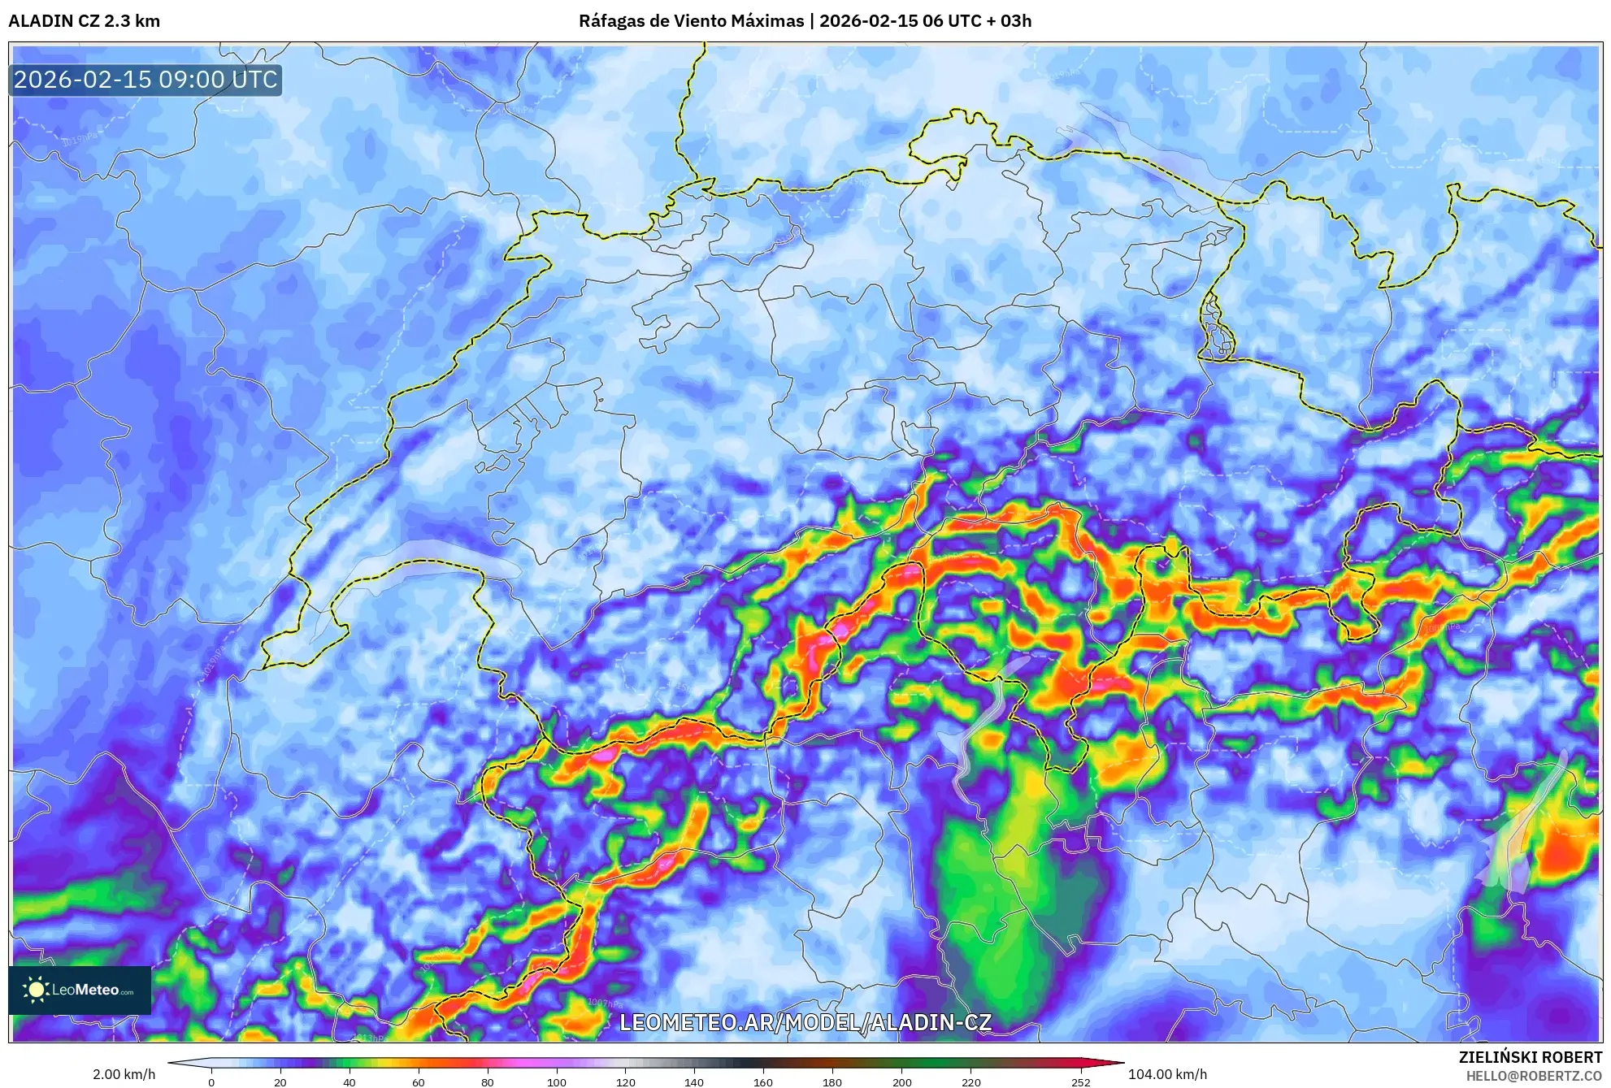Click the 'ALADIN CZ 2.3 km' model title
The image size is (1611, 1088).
click(84, 21)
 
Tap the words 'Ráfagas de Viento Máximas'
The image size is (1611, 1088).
click(691, 21)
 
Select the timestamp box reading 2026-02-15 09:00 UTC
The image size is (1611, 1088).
click(145, 80)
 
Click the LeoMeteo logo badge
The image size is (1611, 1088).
click(80, 990)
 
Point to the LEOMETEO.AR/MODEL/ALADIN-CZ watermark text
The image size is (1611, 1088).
click(805, 1022)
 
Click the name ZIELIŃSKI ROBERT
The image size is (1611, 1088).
click(1530, 1057)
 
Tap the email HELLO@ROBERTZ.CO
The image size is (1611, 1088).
click(1534, 1076)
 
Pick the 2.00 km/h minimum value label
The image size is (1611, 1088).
click(124, 1074)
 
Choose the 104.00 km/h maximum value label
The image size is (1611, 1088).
click(1167, 1074)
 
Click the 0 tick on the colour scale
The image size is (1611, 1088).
click(211, 1081)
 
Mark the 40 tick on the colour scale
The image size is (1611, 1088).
click(350, 1081)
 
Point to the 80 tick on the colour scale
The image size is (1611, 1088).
click(488, 1081)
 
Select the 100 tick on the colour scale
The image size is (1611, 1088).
click(557, 1081)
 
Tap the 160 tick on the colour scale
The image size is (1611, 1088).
click(763, 1081)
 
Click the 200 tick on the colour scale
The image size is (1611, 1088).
click(901, 1081)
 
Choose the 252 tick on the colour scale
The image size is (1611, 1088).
click(1081, 1081)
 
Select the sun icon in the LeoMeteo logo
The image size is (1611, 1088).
click(36, 990)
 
